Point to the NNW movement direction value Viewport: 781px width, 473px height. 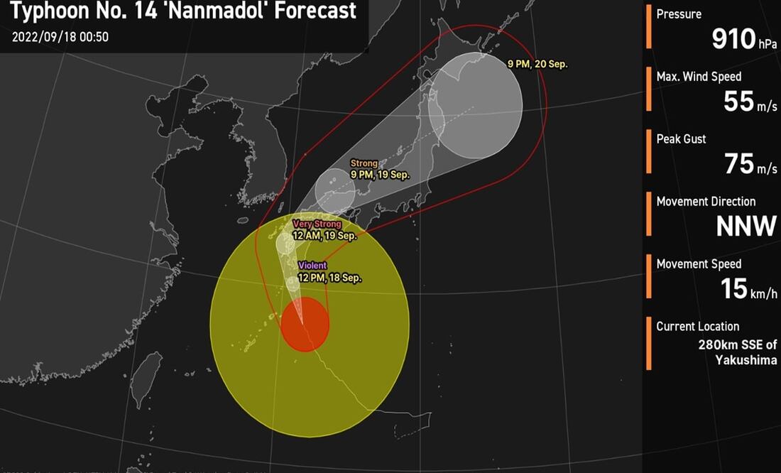click(x=745, y=227)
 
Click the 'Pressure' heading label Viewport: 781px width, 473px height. click(x=679, y=14)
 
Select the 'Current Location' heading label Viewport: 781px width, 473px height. click(x=697, y=327)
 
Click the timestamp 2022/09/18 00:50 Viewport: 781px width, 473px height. click(x=60, y=37)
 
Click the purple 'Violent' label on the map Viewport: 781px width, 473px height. click(x=312, y=266)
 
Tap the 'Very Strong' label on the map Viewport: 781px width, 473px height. click(x=317, y=224)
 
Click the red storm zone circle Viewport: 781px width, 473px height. click(x=305, y=325)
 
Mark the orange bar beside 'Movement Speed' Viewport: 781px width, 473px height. click(x=649, y=276)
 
